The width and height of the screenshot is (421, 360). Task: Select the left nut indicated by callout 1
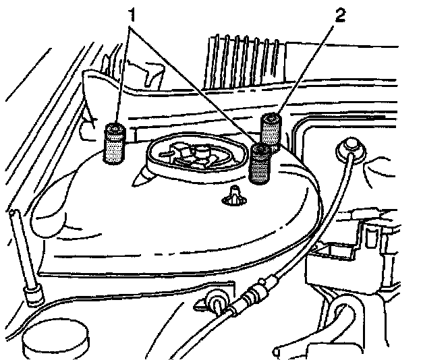tap(113, 142)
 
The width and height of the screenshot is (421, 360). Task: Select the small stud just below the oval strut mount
tap(234, 196)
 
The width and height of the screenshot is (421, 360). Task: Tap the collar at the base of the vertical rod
tap(30, 295)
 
